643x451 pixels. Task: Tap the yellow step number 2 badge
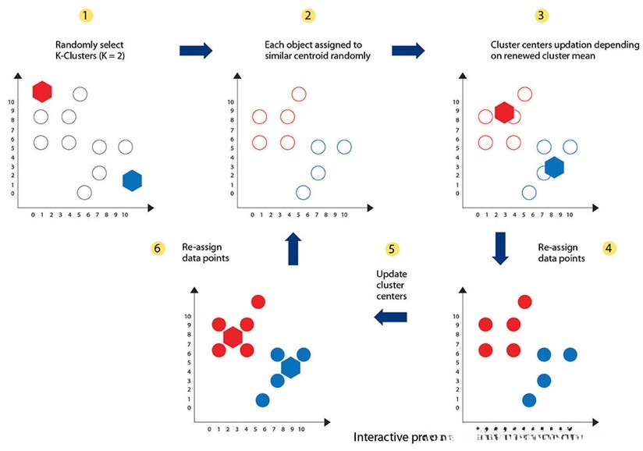[x=308, y=16]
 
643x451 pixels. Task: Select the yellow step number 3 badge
[x=541, y=16]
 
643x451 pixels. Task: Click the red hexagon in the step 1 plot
[x=42, y=91]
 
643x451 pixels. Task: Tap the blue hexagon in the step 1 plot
[x=132, y=180]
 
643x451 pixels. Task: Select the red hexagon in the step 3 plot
[x=504, y=113]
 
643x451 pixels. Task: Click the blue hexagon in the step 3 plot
[x=554, y=167]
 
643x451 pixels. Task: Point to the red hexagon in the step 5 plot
[x=233, y=337]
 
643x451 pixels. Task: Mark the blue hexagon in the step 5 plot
[x=290, y=368]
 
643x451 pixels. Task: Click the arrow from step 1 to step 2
[x=196, y=51]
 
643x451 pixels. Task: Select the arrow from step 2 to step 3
[x=407, y=51]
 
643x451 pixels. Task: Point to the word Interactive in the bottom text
[x=380, y=437]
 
